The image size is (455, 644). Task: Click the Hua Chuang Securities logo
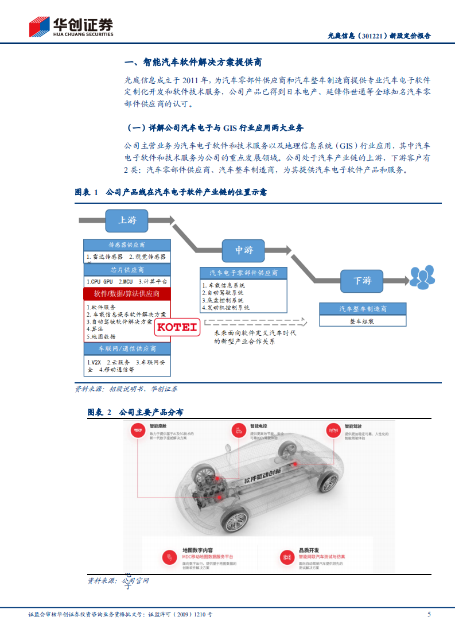71,27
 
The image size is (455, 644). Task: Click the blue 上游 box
127,220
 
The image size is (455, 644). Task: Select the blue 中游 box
244,250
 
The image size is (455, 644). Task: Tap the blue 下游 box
362,281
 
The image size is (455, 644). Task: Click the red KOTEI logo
177,328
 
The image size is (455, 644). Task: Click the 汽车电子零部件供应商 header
243,273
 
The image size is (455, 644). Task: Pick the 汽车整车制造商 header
362,309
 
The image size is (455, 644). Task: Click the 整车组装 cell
362,322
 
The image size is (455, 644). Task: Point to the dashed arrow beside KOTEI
252,322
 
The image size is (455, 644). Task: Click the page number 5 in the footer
429,614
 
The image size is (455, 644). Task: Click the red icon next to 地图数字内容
170,556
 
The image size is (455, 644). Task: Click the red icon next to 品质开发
286,556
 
